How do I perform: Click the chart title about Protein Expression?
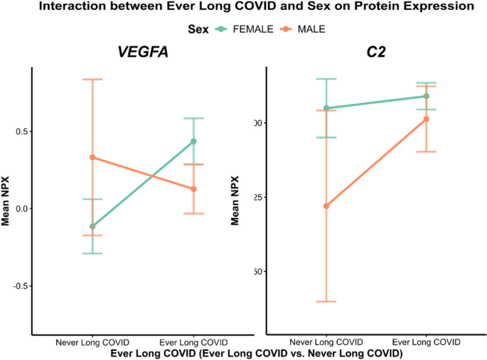tap(243, 7)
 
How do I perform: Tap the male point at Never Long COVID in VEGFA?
tap(92, 157)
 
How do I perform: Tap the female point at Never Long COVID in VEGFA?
tap(92, 226)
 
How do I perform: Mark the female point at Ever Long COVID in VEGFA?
tap(193, 141)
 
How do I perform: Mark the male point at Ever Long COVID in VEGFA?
tap(193, 189)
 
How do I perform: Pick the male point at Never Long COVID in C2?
tap(326, 206)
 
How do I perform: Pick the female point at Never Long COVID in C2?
tap(326, 108)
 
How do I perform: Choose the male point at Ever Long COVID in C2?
tap(427, 119)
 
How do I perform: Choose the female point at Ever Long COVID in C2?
tap(427, 96)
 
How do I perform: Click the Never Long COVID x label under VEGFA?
tap(92, 342)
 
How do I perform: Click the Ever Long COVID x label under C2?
tap(427, 342)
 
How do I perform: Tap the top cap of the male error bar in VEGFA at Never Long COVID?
tap(92, 79)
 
